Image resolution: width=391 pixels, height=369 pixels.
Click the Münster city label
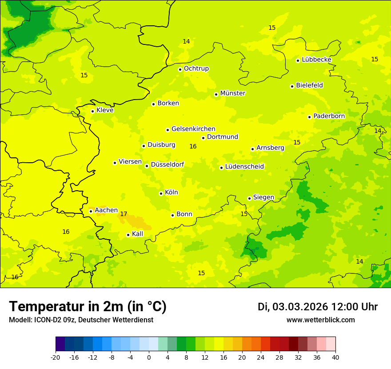point(233,93)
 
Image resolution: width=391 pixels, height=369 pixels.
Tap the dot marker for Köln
point(161,193)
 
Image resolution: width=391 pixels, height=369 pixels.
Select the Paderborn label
point(329,116)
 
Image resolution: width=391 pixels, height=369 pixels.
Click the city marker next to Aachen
point(91,211)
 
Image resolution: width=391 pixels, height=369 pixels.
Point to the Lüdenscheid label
point(244,167)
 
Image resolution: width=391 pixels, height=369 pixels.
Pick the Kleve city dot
point(92,111)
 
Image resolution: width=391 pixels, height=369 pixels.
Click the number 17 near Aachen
point(124,214)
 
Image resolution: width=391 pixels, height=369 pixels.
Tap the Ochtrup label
point(196,68)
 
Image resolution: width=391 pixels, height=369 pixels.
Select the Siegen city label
point(263,197)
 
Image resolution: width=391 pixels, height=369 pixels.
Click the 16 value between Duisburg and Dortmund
point(193,146)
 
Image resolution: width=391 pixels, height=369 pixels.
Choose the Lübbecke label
point(316,60)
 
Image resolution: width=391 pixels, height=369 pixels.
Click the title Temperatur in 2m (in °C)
point(88,306)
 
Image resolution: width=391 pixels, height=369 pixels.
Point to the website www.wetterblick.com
point(320,320)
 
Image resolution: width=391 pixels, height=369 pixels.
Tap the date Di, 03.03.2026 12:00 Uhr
point(318,307)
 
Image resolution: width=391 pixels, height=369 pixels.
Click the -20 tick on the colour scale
point(56,357)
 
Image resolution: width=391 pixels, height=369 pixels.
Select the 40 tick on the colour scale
point(335,357)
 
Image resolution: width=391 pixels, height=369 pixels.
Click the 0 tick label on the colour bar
point(149,357)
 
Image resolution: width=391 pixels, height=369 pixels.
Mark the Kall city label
point(137,234)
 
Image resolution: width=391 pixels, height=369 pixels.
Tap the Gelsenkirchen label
point(193,129)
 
